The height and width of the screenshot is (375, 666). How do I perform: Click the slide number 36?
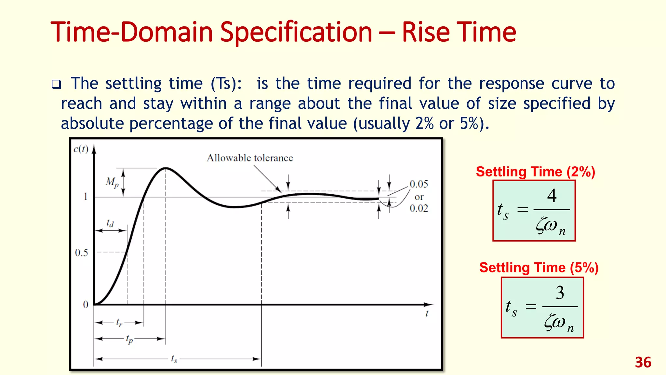pyautogui.click(x=643, y=363)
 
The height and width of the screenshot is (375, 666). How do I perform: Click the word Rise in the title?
pyautogui.click(x=426, y=32)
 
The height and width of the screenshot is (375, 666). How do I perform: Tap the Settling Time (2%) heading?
pyautogui.click(x=535, y=172)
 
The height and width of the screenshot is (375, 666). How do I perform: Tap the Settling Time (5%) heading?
pyautogui.click(x=539, y=268)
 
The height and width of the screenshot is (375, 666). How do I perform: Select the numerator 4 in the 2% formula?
pyautogui.click(x=552, y=196)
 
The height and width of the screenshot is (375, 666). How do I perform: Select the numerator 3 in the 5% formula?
pyautogui.click(x=560, y=293)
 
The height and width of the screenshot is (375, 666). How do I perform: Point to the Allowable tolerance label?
pyautogui.click(x=250, y=158)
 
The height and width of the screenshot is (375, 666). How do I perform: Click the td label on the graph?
pyautogui.click(x=110, y=223)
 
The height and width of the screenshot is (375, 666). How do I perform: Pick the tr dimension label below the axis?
pyautogui.click(x=119, y=323)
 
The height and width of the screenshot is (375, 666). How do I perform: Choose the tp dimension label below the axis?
pyautogui.click(x=129, y=339)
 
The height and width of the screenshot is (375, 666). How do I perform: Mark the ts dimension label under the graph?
pyautogui.click(x=174, y=359)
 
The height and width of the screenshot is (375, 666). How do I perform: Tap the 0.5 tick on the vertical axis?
pyautogui.click(x=81, y=253)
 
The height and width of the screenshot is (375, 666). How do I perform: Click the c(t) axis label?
pyautogui.click(x=81, y=149)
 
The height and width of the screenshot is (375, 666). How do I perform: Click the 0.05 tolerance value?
pyautogui.click(x=419, y=184)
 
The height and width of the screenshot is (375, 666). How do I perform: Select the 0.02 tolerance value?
pyautogui.click(x=419, y=208)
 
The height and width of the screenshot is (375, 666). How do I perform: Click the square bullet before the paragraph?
pyautogui.click(x=56, y=85)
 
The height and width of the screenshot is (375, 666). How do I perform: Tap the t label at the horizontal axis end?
pyautogui.click(x=427, y=313)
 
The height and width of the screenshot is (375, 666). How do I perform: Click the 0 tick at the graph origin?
pyautogui.click(x=86, y=305)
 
